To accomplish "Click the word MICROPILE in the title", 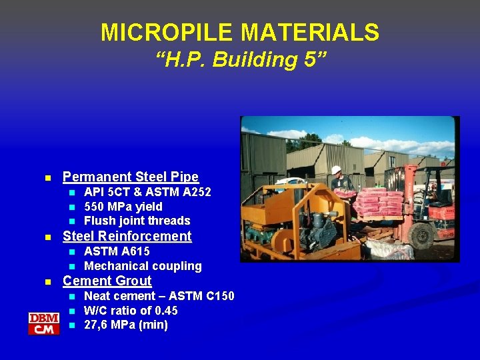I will click(158, 32).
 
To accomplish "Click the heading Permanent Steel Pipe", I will click(131, 177).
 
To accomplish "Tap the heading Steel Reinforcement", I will click(127, 236).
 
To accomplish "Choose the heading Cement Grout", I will click(107, 281).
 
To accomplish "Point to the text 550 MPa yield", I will click(123, 207).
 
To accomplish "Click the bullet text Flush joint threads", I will click(137, 221).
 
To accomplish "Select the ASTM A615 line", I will click(117, 251).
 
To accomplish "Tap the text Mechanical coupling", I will click(143, 266).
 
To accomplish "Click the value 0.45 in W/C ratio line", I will click(167, 311).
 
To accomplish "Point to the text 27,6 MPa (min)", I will click(126, 325).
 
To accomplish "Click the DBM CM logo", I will click(44, 323).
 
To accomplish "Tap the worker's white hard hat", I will click(336, 170).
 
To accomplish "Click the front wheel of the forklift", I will click(421, 235).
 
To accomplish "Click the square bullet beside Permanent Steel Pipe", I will click(47, 178).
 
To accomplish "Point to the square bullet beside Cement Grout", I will click(47, 282).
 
